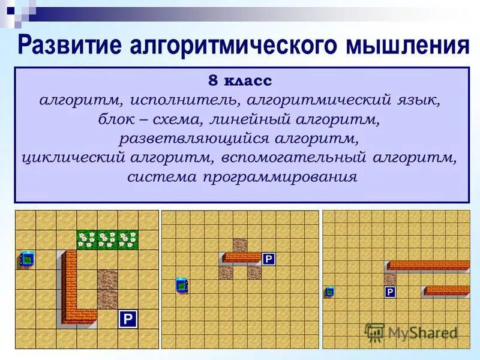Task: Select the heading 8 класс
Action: pos(240,80)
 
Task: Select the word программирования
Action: pos(280,178)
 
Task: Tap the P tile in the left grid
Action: pos(127,319)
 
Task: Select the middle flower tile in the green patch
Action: pos(107,239)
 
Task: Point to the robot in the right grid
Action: pos(329,292)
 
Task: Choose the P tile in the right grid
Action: pos(390,292)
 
